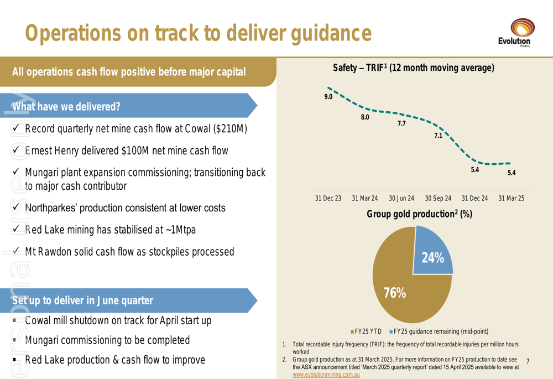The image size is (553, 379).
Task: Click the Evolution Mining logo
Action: [x=514, y=33]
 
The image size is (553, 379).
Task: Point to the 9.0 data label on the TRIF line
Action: [x=328, y=97]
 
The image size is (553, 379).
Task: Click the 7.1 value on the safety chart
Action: [x=438, y=136]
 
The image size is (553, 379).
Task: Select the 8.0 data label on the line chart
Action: [x=365, y=117]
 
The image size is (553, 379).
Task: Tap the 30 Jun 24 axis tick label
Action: [x=401, y=198]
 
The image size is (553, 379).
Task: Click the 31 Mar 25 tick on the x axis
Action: [x=511, y=198]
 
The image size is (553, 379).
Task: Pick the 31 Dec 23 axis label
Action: [x=328, y=198]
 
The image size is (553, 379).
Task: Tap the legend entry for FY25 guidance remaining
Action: [x=440, y=332]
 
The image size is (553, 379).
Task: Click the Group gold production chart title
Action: [x=419, y=214]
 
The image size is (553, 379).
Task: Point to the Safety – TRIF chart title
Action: [x=413, y=68]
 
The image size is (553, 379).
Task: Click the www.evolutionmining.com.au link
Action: [x=326, y=375]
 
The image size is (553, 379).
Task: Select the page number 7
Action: [x=528, y=361]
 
